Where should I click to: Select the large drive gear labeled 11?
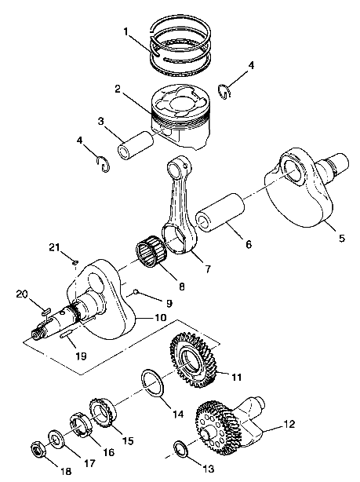(194, 358)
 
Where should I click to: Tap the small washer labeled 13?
(180, 449)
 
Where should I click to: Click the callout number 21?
(54, 249)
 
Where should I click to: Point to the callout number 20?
(22, 294)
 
